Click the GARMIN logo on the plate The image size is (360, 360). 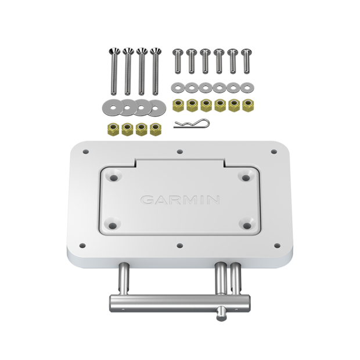180,200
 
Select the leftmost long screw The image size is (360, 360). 111,73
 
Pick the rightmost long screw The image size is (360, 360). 154,73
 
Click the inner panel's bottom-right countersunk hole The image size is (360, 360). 247,225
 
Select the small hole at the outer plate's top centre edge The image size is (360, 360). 180,152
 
